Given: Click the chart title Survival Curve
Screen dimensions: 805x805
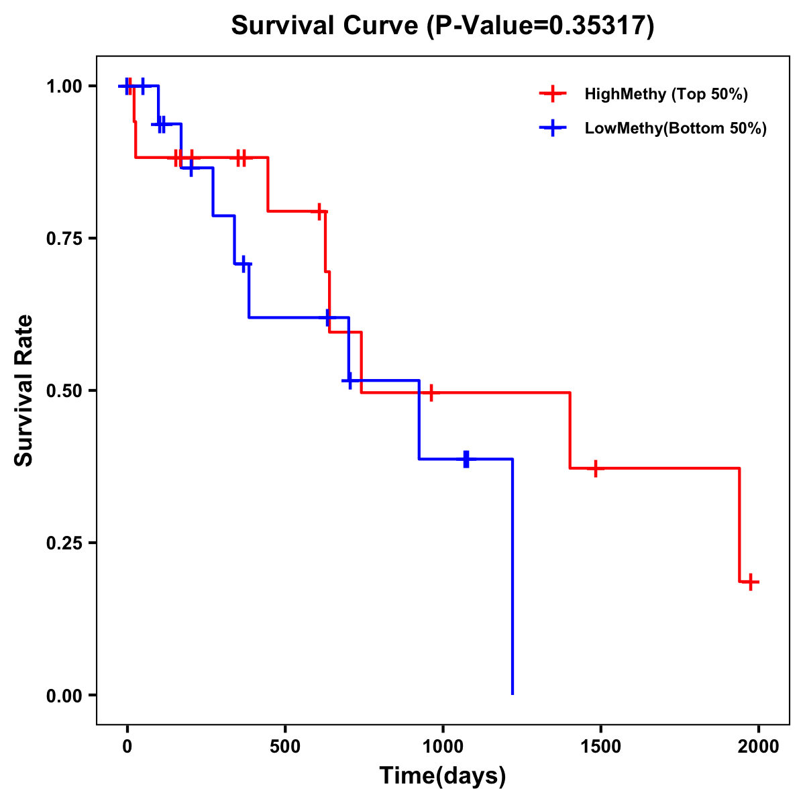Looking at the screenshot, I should tap(442, 26).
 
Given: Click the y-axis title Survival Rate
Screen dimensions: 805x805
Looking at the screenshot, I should tap(24, 390).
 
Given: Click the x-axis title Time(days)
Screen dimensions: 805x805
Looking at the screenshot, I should tap(443, 775).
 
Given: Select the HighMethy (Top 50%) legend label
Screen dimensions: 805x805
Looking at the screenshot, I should tap(665, 94).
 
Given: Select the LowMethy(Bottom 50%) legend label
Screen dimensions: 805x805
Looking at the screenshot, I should tap(675, 128).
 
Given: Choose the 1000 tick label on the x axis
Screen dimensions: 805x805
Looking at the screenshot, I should tap(443, 747).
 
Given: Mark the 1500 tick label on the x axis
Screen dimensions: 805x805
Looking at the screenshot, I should tap(600, 747).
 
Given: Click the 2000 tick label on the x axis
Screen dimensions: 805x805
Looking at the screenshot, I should tap(759, 747).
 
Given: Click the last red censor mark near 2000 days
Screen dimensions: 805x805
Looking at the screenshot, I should tap(751, 582).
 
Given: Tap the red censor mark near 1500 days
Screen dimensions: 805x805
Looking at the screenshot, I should tap(595, 468).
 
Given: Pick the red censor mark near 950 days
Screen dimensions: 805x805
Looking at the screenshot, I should tap(431, 392).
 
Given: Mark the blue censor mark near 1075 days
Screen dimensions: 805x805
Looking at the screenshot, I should tap(466, 460).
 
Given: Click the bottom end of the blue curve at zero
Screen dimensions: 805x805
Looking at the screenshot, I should tap(513, 694).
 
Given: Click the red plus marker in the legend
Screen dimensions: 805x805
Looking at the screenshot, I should tap(552, 94).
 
